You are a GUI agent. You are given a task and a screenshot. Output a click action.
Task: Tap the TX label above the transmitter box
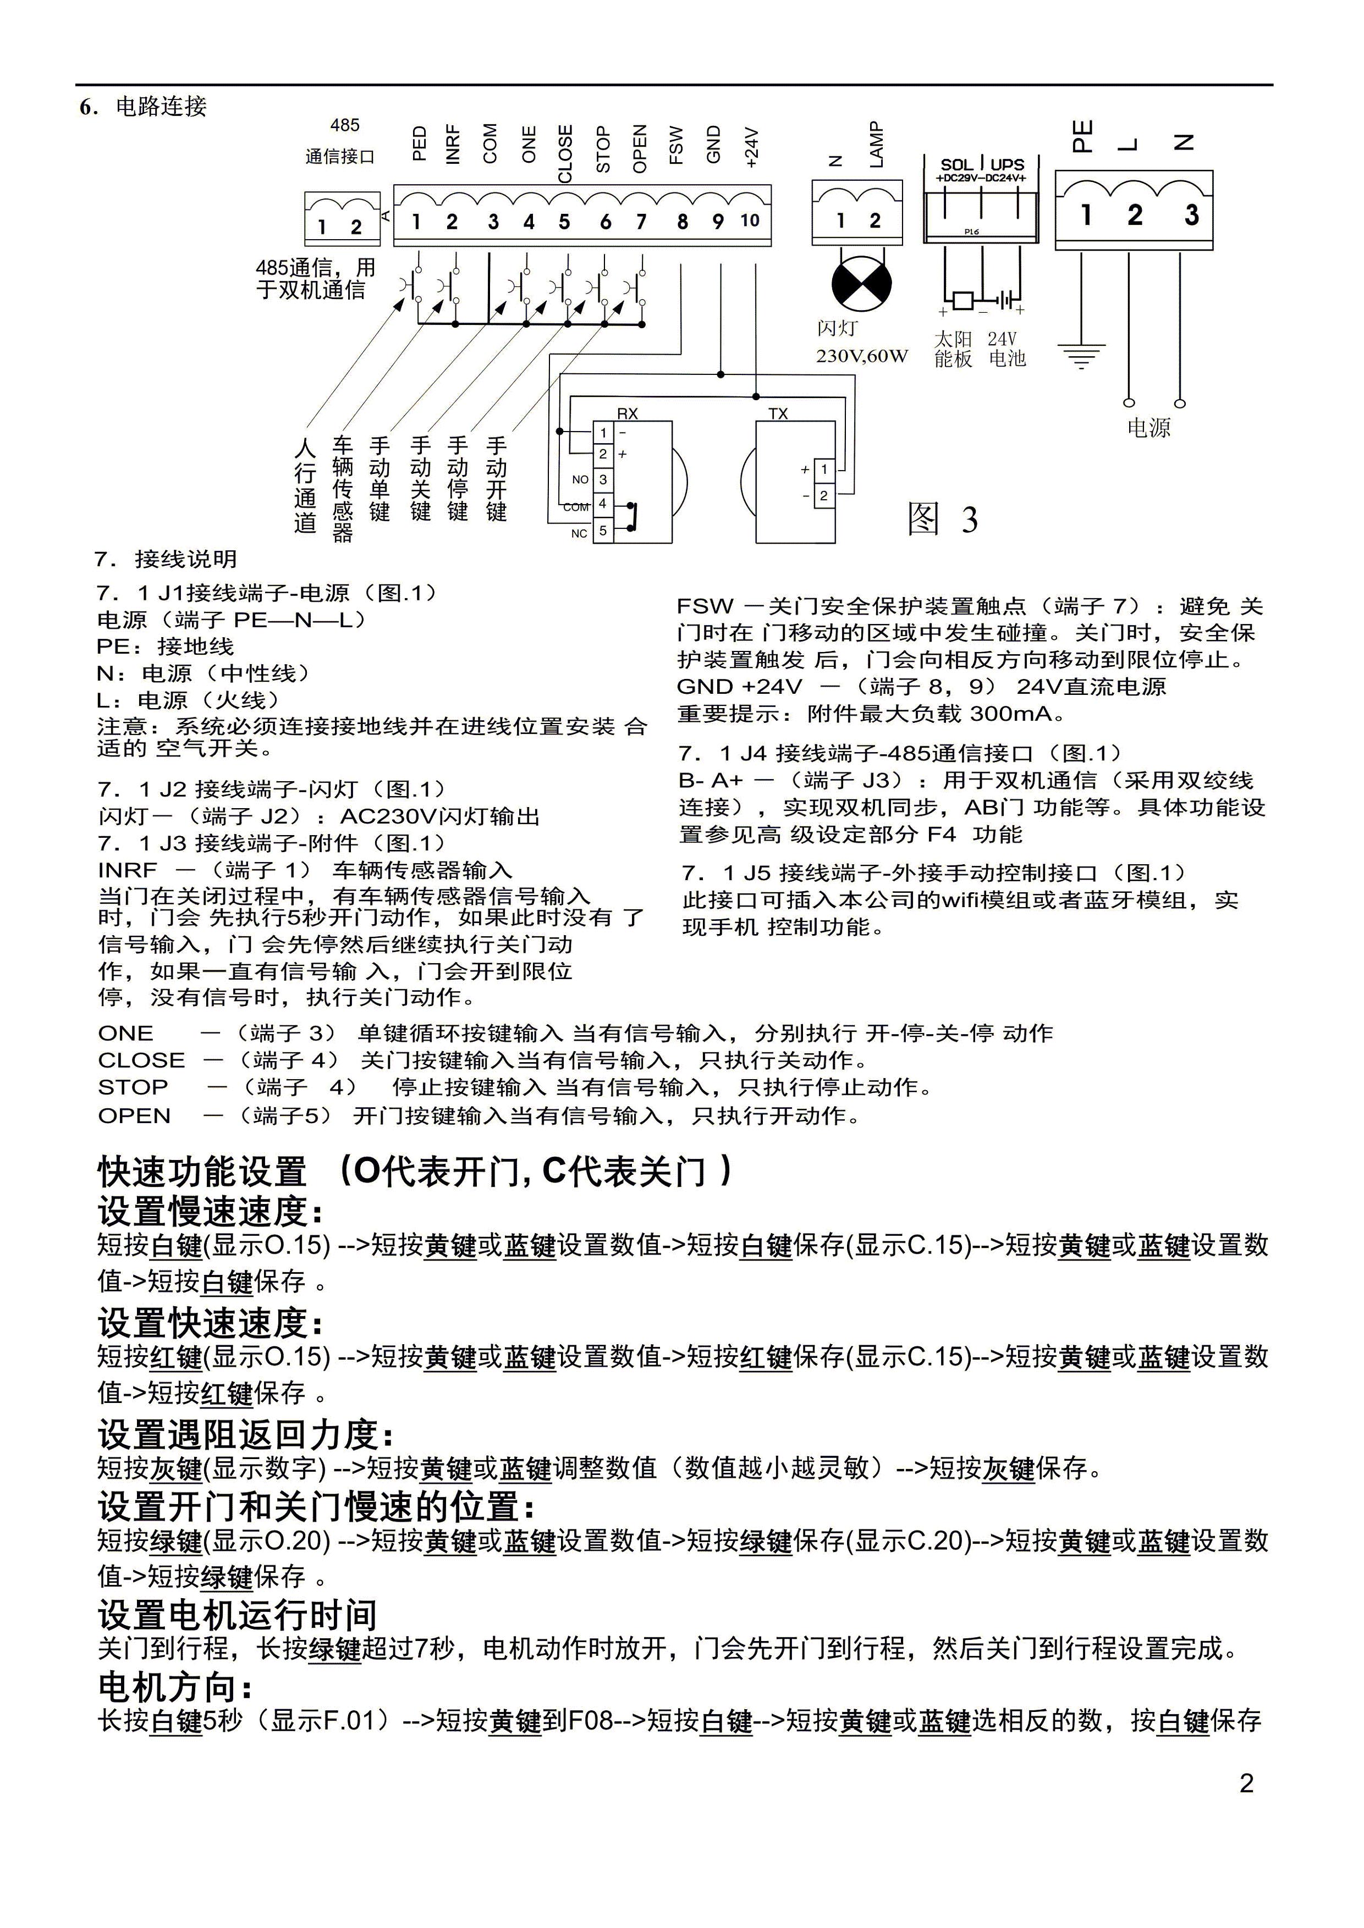coord(778,414)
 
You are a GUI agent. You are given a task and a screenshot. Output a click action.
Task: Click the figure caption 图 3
coord(942,519)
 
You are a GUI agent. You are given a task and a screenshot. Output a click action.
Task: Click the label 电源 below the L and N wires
coord(1148,428)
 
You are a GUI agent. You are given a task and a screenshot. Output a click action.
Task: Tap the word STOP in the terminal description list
coord(133,1087)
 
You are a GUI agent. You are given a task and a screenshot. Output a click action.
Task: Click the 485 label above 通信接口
coord(344,125)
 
